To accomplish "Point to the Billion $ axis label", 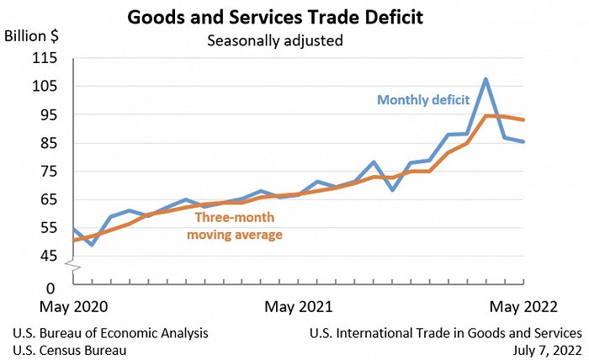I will click(x=31, y=36).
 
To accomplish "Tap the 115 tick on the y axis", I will click(x=45, y=58).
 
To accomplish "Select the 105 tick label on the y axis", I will click(x=45, y=86).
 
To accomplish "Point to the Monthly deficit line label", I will click(x=423, y=100).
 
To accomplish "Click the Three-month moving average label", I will click(x=234, y=225).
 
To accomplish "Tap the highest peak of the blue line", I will click(x=486, y=79).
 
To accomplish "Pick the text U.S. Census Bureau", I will click(x=69, y=350).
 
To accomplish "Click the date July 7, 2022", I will click(x=544, y=350).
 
